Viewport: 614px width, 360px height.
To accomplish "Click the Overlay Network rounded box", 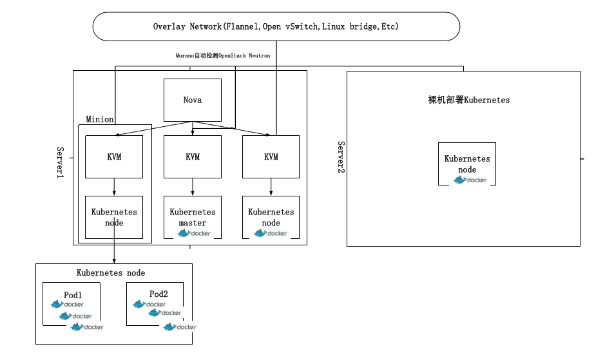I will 276,27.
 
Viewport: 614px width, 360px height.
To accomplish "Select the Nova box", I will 193,100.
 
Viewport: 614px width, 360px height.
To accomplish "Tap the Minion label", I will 100,119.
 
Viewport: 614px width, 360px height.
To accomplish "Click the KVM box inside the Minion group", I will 114,157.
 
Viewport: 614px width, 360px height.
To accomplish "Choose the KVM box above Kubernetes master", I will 193,157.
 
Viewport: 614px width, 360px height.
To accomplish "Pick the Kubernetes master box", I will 193,217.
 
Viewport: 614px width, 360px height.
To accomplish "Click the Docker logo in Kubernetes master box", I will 194,233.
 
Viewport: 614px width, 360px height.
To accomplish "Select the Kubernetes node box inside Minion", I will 114,217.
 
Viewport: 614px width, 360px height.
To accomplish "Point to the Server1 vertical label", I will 61,162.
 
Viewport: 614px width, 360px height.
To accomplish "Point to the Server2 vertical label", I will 341,157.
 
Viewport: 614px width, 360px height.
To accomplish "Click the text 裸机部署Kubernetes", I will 468,100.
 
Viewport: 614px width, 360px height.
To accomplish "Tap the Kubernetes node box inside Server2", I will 467,164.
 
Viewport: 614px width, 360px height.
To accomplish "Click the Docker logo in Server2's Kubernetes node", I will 470,180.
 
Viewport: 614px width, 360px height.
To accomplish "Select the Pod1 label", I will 73,294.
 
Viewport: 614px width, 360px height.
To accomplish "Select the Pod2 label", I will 158,294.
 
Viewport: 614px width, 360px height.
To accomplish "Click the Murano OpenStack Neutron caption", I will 223,56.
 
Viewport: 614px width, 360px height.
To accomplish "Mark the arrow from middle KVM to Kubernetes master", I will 193,187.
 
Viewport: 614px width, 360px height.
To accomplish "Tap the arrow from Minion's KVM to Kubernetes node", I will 114,187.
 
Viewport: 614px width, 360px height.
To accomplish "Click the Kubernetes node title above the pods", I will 111,273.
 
